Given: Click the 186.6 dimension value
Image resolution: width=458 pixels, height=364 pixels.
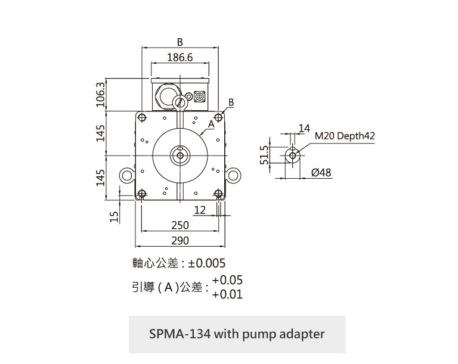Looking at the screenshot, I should (180, 58).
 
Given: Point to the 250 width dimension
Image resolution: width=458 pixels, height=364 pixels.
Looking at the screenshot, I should (180, 226).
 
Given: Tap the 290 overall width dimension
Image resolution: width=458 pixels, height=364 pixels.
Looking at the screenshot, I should (180, 241).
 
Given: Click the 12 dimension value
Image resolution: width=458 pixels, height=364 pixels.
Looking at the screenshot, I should (200, 210).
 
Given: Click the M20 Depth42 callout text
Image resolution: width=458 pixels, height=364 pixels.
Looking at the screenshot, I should (345, 136).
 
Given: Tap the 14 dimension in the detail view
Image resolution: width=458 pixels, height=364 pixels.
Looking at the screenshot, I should (304, 128).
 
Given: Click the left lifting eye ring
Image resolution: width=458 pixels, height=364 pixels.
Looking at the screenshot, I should (127, 175).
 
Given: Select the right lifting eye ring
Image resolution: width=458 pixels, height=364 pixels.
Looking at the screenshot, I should (232, 175).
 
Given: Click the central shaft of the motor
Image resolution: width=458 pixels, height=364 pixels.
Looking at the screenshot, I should (180, 155).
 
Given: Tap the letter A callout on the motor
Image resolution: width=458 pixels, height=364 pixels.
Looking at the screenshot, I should (211, 125).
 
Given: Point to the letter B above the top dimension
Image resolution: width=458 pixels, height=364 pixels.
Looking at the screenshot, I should (180, 42).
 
